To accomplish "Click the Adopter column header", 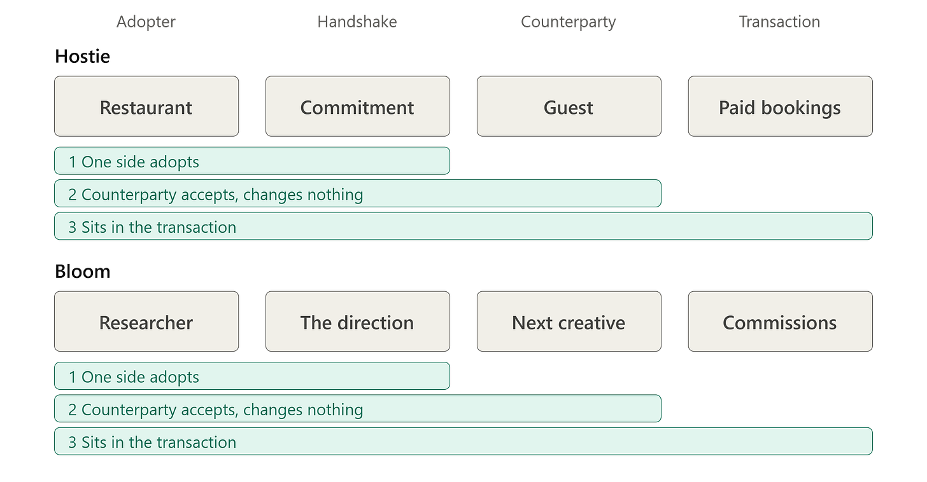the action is point(146,22).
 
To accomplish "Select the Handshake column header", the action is point(357,22).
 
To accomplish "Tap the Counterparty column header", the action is point(568,22).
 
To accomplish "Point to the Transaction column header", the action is point(780,22).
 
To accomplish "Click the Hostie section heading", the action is point(82,56).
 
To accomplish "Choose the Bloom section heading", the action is point(82,272).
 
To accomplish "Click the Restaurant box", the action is point(146,106).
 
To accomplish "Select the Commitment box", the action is point(358,106).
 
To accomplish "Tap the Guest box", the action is point(569,106).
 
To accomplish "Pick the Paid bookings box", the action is point(781,106).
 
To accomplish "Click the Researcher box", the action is point(146,322).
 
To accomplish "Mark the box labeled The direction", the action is point(358,322).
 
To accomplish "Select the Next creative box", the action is point(569,322).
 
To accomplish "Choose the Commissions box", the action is point(781,322).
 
